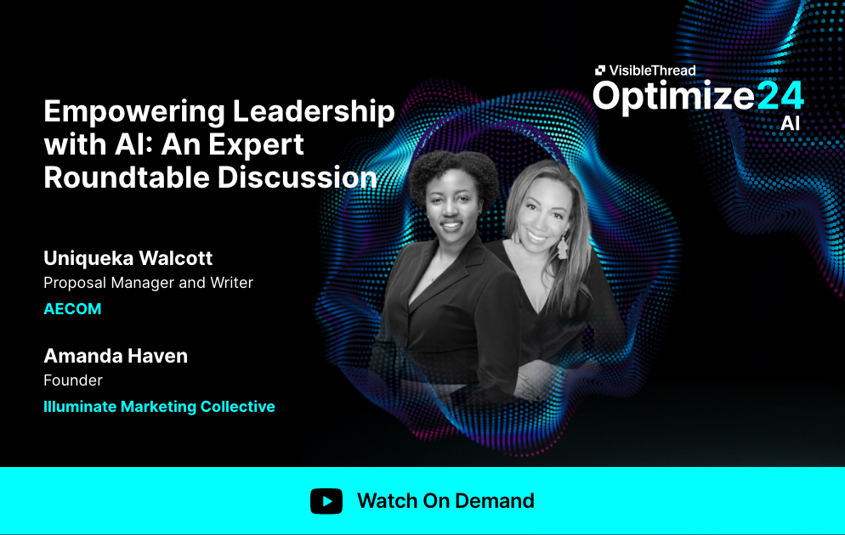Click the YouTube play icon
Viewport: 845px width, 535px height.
326,501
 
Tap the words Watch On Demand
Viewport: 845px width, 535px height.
445,501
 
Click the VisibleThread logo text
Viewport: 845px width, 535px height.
652,70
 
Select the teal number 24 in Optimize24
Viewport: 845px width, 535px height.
780,95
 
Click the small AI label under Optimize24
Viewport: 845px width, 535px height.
790,123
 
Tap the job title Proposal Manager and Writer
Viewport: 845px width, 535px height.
148,283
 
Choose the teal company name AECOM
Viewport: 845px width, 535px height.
72,309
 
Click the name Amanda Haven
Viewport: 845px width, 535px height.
116,356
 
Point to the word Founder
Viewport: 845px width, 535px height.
73,380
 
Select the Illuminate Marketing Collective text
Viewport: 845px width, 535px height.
159,407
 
